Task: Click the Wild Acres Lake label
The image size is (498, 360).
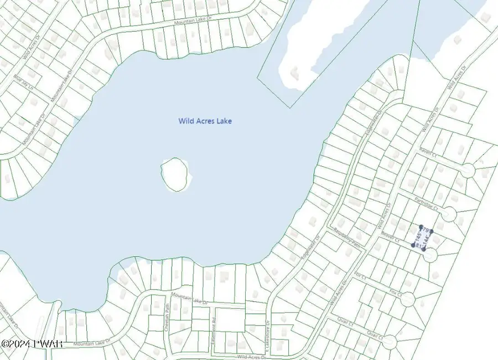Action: [205, 121]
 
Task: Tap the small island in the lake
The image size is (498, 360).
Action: [177, 174]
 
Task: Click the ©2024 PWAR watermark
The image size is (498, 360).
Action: [32, 343]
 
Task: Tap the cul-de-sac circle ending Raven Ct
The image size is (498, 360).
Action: [468, 171]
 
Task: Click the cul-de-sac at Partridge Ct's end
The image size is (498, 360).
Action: [449, 214]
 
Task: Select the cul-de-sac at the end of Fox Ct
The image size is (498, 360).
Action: [407, 299]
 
